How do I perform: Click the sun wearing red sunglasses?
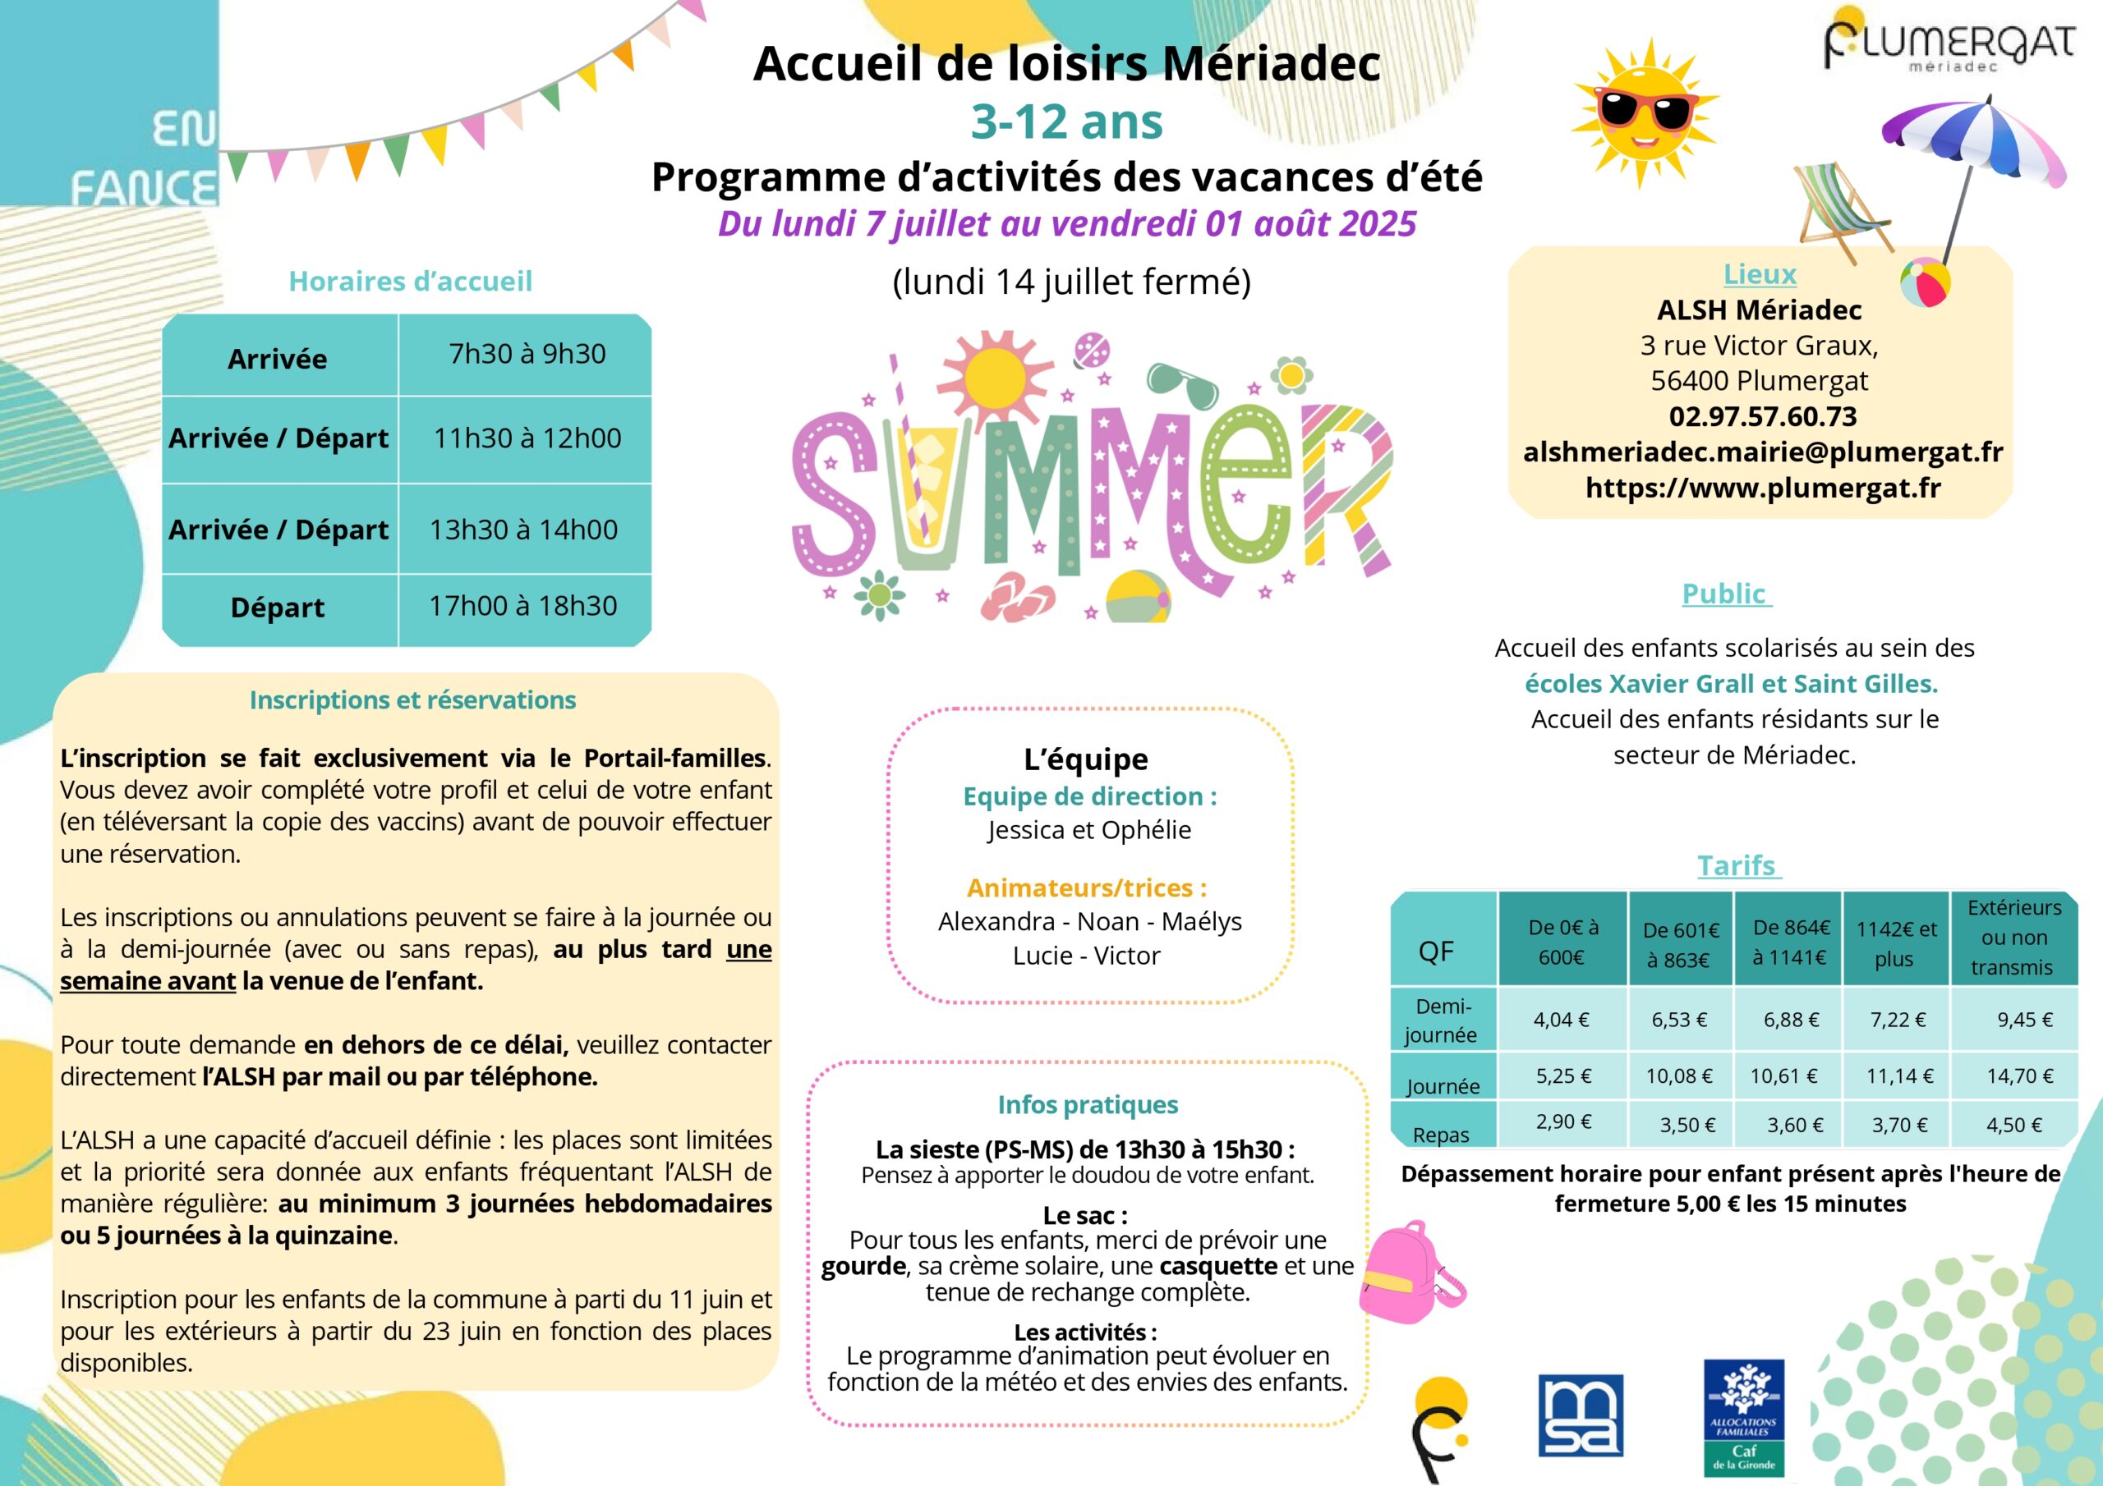coord(1643,112)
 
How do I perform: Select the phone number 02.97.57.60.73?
coord(1762,416)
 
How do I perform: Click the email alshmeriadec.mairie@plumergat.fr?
coord(1762,452)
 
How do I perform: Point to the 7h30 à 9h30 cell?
coord(527,355)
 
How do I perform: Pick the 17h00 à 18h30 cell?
coord(523,606)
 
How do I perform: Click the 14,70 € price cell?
coord(2018,1076)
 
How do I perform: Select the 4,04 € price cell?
coord(1561,1020)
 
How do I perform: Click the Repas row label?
coord(1441,1135)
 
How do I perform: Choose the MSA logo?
coord(1580,1415)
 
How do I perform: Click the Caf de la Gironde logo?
coord(1743,1416)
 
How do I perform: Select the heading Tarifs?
coord(1737,865)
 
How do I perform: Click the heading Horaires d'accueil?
coord(411,281)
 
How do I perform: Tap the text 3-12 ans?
coord(1066,122)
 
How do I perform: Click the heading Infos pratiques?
coord(1087,1105)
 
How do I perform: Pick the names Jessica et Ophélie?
coord(1088,831)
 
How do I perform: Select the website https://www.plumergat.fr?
coord(1762,488)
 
